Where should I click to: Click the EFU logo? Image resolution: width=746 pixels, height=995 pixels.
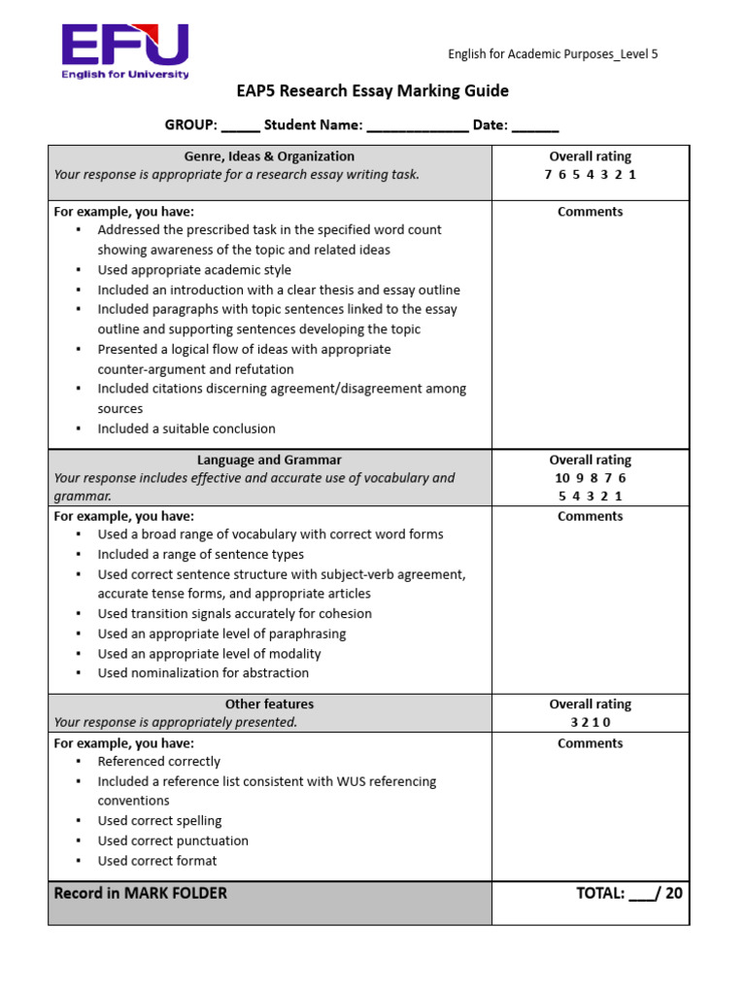click(x=124, y=51)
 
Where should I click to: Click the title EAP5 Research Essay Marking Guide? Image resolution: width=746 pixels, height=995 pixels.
click(x=372, y=91)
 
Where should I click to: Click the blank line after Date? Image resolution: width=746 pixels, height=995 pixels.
click(x=535, y=126)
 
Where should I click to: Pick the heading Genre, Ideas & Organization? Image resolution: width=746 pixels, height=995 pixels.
click(x=269, y=155)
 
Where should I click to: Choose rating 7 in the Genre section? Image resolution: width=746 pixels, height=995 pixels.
click(x=549, y=175)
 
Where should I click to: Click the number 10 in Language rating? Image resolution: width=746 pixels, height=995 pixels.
click(x=562, y=478)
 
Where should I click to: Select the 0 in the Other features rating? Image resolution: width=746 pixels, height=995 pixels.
click(x=608, y=722)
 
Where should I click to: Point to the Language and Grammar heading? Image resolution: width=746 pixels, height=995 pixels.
click(x=269, y=460)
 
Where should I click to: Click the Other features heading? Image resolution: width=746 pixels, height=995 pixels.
click(x=269, y=703)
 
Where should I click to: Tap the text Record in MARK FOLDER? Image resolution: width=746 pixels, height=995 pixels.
click(x=140, y=893)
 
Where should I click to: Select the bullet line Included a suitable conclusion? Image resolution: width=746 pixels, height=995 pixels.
click(x=186, y=429)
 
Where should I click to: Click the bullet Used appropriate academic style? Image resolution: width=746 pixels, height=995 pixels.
click(x=194, y=270)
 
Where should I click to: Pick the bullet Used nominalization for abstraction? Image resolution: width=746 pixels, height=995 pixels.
click(x=203, y=672)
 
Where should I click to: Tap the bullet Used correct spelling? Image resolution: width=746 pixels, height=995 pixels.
click(x=159, y=821)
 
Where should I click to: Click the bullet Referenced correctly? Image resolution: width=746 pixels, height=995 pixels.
click(x=158, y=762)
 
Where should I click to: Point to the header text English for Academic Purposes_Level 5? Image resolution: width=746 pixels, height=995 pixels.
click(x=552, y=54)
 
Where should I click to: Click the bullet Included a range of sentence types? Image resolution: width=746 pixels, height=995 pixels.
click(x=201, y=554)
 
